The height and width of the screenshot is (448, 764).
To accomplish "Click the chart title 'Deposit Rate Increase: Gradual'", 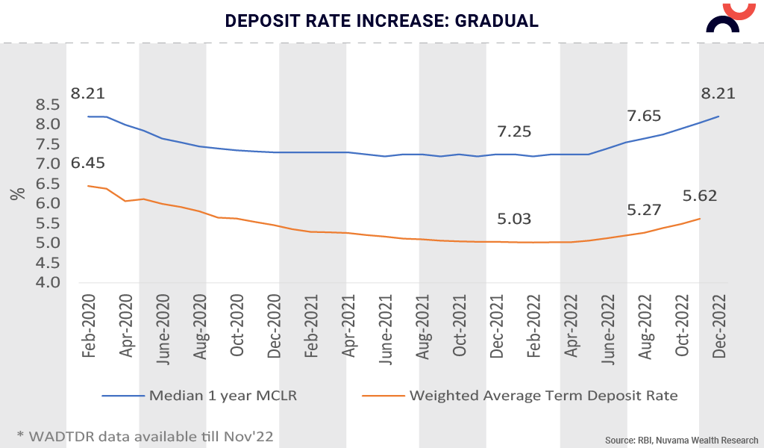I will (x=382, y=20).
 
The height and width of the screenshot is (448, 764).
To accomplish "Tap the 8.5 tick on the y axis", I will (x=48, y=104).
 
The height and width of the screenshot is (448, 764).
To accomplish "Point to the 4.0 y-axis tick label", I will (x=48, y=283).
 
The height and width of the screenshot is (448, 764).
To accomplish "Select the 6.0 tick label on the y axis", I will (x=48, y=203).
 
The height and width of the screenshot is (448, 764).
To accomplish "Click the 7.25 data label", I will (x=515, y=131).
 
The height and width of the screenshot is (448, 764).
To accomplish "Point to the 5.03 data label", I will (x=515, y=219).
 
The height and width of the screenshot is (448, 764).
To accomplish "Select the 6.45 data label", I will (x=87, y=163).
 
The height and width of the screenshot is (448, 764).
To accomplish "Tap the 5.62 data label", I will (x=700, y=196).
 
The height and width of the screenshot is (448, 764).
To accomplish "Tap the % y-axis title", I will (x=17, y=193).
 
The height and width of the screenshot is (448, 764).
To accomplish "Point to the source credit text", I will (x=681, y=440).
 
